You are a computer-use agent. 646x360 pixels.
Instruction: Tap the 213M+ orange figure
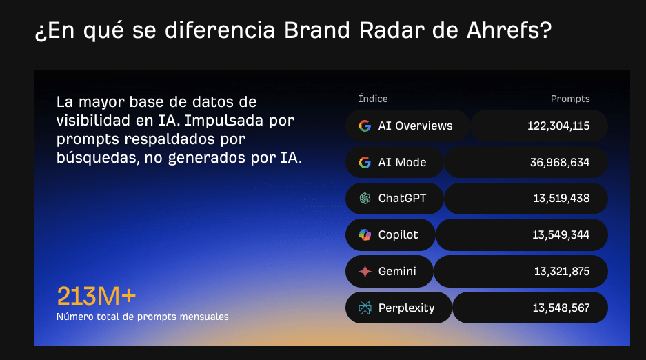[x=97, y=296]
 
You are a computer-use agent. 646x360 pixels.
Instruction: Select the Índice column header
[x=373, y=99]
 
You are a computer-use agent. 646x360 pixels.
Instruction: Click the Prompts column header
[x=570, y=99]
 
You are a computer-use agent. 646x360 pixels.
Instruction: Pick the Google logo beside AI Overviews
[x=365, y=126]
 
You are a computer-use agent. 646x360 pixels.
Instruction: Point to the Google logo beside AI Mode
[x=365, y=162]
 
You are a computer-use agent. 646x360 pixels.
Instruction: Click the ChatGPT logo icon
[x=365, y=199]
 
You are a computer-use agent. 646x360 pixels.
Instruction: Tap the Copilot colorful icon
[x=365, y=235]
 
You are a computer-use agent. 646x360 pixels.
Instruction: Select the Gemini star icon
[x=365, y=272]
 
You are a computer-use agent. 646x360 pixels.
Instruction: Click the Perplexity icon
[x=365, y=308]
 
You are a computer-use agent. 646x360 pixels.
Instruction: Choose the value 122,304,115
[x=558, y=126]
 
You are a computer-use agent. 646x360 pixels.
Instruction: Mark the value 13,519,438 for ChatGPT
[x=561, y=199]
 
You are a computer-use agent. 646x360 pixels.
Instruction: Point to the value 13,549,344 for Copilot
[x=561, y=235]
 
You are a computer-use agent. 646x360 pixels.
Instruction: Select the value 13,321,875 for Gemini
[x=561, y=272]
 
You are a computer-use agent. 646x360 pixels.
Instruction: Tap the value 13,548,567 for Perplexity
[x=561, y=308]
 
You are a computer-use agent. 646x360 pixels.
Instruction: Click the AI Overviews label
[x=415, y=126]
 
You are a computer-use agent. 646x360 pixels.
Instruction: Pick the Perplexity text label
[x=406, y=308]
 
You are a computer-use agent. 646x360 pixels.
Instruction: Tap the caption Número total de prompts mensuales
[x=143, y=317]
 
